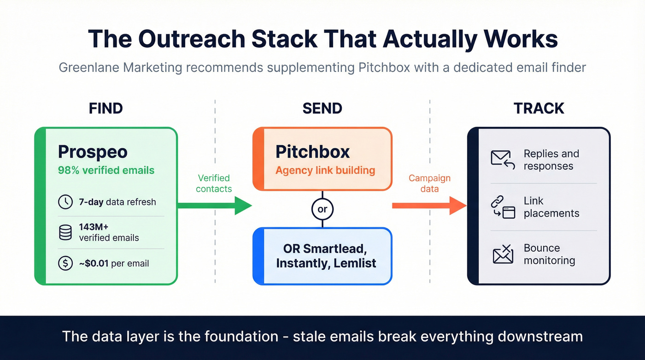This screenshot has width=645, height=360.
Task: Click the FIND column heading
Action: coord(106,108)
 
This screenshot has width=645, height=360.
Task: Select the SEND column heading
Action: coord(322,108)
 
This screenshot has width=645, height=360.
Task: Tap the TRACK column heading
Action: coord(539,108)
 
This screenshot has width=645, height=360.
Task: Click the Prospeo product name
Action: coord(93,152)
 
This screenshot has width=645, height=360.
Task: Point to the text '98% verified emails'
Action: coord(106,170)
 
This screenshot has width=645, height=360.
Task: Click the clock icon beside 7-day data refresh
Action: coord(65,202)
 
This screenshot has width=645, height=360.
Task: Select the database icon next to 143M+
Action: coord(65,232)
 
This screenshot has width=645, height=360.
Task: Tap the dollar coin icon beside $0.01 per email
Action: coord(65,263)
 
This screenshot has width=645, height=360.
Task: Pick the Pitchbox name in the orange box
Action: coord(312,152)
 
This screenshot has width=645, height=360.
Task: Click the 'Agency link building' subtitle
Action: coord(325,170)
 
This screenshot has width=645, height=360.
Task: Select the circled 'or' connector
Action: coord(322,209)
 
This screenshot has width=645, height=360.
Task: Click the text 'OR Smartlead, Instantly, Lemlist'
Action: coord(326,256)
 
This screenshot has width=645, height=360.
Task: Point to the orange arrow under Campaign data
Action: coord(429,205)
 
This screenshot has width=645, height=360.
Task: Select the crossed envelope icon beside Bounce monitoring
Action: coord(503,254)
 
